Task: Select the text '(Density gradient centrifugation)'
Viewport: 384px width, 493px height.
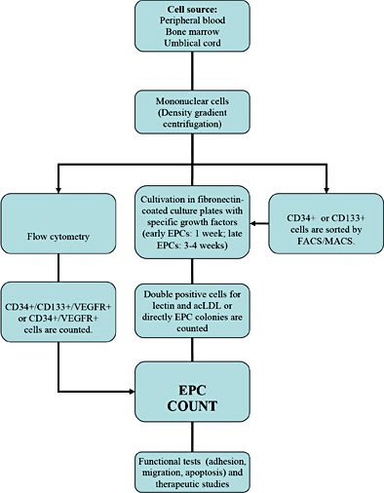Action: (x=192, y=136)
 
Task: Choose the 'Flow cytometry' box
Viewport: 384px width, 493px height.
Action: (x=63, y=233)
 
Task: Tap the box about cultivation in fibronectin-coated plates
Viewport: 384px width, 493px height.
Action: (x=191, y=232)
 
